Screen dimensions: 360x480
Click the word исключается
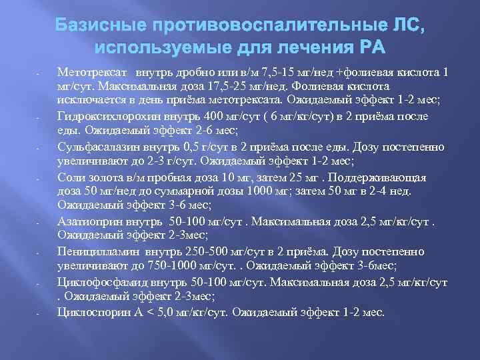click(95, 101)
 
